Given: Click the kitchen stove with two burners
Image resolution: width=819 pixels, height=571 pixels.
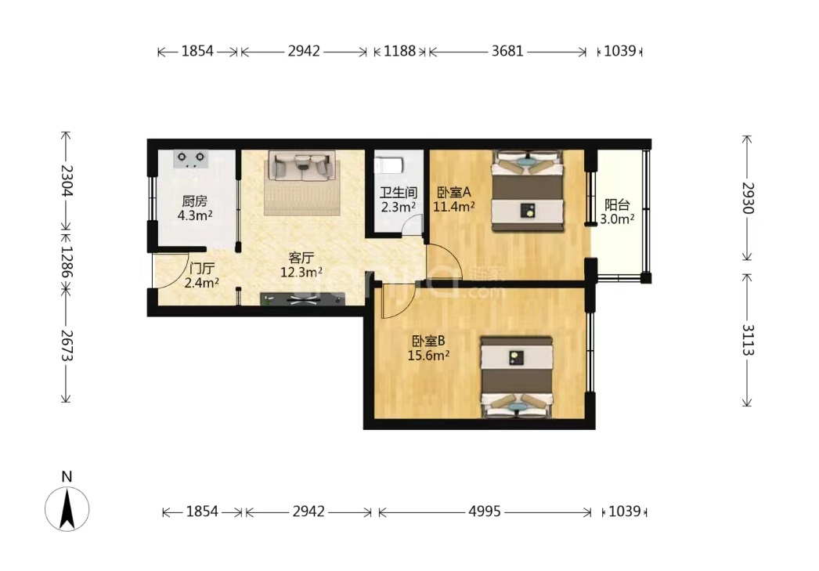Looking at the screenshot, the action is point(190,159).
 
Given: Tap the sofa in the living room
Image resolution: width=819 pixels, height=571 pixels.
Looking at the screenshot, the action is point(302,165).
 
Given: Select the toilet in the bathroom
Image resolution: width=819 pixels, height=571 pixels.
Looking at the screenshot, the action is point(389,165).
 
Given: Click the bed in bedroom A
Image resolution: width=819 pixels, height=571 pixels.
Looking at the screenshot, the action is point(528,190).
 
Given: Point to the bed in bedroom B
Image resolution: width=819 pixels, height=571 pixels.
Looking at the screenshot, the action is point(517,378).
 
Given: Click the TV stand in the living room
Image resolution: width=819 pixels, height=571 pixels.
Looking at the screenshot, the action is point(302,299).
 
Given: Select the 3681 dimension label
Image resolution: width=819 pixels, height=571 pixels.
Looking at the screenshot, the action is point(507,51).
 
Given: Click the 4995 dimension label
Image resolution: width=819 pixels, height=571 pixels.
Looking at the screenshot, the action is point(484,511).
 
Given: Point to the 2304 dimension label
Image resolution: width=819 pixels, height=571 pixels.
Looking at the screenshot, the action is point(67,180).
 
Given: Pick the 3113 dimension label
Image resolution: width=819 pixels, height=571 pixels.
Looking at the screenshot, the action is point(748,340).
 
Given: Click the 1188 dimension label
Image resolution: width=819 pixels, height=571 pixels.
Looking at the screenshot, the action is point(399,51).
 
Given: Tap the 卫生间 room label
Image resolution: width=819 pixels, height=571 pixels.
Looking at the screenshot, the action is point(398,193).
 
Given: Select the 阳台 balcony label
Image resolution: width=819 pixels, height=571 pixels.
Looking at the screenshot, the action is point(617,204).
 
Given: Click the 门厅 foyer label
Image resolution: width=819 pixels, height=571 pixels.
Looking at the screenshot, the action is point(201,269).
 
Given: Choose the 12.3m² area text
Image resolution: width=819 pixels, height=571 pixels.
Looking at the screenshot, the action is point(301,272).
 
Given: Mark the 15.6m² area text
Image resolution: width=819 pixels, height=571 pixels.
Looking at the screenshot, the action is point(428,356).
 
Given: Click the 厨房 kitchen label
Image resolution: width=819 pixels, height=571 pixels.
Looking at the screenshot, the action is point(195,201).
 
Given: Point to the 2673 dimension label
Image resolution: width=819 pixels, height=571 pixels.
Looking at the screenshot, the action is point(67,345).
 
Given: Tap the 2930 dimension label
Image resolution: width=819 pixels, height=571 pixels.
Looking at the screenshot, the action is point(748,198).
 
